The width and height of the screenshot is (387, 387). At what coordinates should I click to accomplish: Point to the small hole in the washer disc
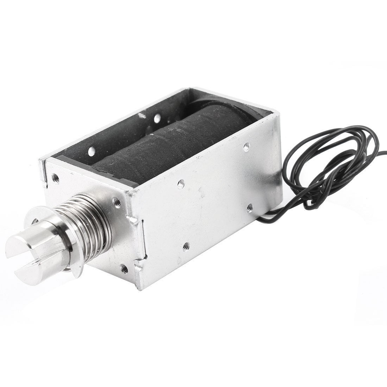coord(36,221)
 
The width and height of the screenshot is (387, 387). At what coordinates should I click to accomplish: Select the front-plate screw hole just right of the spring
coord(115,203)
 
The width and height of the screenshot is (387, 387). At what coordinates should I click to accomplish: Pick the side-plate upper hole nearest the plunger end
coord(180,183)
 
